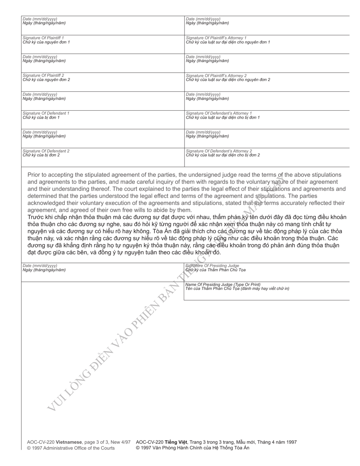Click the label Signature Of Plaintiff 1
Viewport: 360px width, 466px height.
coord(43,38)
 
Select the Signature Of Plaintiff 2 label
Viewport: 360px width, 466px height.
coord(43,75)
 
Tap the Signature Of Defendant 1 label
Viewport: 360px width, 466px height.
coord(46,113)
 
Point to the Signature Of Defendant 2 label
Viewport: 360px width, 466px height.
coord(46,151)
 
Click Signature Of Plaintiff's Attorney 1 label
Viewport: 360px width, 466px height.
coord(216,38)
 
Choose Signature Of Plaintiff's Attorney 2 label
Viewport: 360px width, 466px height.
coord(216,75)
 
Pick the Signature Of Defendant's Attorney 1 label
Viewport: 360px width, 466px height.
coord(219,113)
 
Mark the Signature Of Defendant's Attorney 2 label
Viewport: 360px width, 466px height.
coord(219,151)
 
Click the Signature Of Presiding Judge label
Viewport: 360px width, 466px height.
coord(212,266)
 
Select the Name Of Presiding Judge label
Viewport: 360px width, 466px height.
coord(223,284)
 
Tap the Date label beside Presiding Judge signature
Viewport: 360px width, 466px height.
coord(40,266)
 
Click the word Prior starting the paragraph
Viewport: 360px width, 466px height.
coord(34,175)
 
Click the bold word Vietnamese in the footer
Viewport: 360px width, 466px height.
coord(69,442)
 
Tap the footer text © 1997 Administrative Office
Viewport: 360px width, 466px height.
coord(70,448)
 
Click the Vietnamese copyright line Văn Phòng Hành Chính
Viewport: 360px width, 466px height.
coord(193,448)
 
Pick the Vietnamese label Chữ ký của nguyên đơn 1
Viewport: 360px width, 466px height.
coord(46,42)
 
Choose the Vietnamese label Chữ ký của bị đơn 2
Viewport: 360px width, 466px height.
coord(41,155)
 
